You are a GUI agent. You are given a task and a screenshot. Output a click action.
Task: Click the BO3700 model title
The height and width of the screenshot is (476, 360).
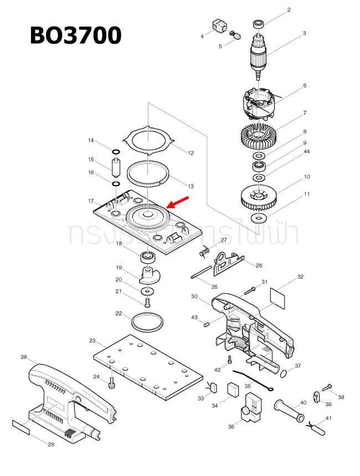(x=76, y=35)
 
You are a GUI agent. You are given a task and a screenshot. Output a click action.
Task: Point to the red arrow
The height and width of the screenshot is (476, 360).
(x=180, y=203)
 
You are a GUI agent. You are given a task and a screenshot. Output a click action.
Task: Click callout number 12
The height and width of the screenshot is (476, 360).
(x=191, y=153)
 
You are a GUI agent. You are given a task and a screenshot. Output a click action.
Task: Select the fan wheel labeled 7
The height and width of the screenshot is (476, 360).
(x=259, y=134)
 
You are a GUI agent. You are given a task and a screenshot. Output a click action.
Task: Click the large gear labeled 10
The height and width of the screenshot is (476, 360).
(x=259, y=197)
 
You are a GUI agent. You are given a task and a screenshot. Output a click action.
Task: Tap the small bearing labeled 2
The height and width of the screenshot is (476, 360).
(x=258, y=24)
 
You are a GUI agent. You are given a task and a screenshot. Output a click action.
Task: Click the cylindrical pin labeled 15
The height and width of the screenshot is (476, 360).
(x=116, y=167)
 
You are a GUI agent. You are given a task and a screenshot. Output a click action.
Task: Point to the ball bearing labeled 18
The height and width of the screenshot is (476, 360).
(x=147, y=257)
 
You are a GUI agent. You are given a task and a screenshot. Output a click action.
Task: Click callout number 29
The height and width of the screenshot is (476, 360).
(x=50, y=444)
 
